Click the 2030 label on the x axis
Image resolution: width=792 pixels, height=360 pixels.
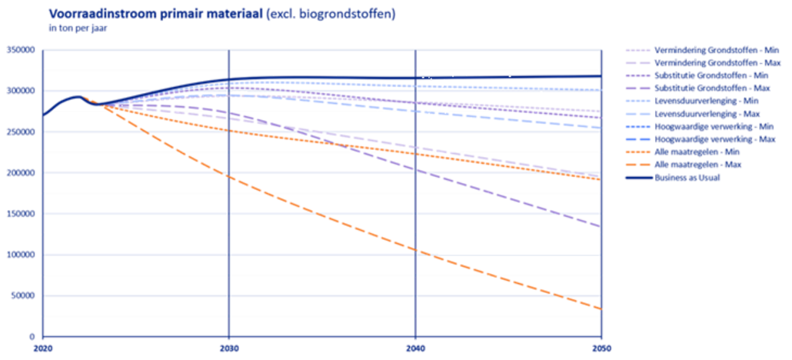point(229,349)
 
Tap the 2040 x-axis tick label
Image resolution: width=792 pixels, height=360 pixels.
point(415,349)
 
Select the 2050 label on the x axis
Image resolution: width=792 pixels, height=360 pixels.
point(601,349)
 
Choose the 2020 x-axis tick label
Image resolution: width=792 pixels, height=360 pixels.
point(43,349)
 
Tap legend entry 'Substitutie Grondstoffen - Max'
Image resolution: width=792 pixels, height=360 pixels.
point(704,88)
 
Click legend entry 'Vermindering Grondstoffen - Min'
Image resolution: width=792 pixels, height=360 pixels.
point(704,51)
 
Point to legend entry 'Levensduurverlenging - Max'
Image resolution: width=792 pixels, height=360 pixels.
point(693,114)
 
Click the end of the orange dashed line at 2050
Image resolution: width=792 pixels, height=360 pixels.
point(601,309)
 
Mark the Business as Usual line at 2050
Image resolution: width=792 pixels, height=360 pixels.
point(601,76)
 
